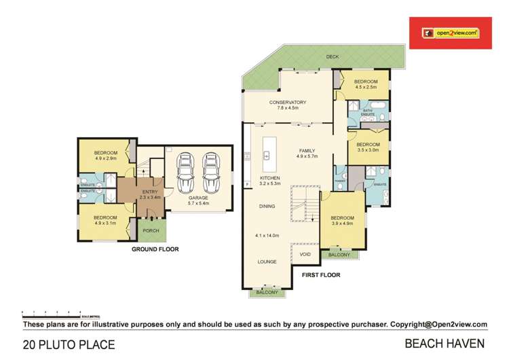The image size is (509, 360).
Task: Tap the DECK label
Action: pos(332,57)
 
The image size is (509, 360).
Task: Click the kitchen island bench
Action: pos(267,156)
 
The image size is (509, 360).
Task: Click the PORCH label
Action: pos(150,230)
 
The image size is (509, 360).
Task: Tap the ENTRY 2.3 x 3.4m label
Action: pos(149,194)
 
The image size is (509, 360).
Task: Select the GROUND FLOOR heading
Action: pos(155,249)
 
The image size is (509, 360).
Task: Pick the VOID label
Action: pos(305,254)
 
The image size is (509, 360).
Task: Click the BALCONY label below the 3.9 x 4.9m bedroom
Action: pos(339,255)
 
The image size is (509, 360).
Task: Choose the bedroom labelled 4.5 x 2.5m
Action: pos(365,84)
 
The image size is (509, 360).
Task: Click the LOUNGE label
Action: pos(265,261)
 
